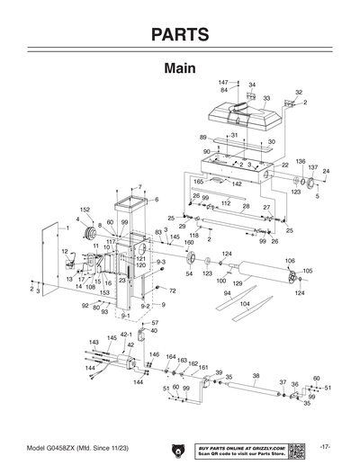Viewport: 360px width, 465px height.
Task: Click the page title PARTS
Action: [180, 35]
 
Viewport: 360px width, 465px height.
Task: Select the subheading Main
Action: [180, 68]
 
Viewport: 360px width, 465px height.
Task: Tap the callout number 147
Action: [223, 82]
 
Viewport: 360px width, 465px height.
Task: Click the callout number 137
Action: [312, 167]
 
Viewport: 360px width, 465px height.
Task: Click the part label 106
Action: [290, 261]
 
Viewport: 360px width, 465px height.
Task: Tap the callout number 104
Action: [244, 304]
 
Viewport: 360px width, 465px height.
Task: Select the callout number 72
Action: [173, 291]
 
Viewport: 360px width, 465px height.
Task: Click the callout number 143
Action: [94, 343]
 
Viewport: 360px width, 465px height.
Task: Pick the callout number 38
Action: [256, 375]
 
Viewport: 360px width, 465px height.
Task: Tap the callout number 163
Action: [182, 360]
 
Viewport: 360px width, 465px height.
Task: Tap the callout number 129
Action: [238, 283]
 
